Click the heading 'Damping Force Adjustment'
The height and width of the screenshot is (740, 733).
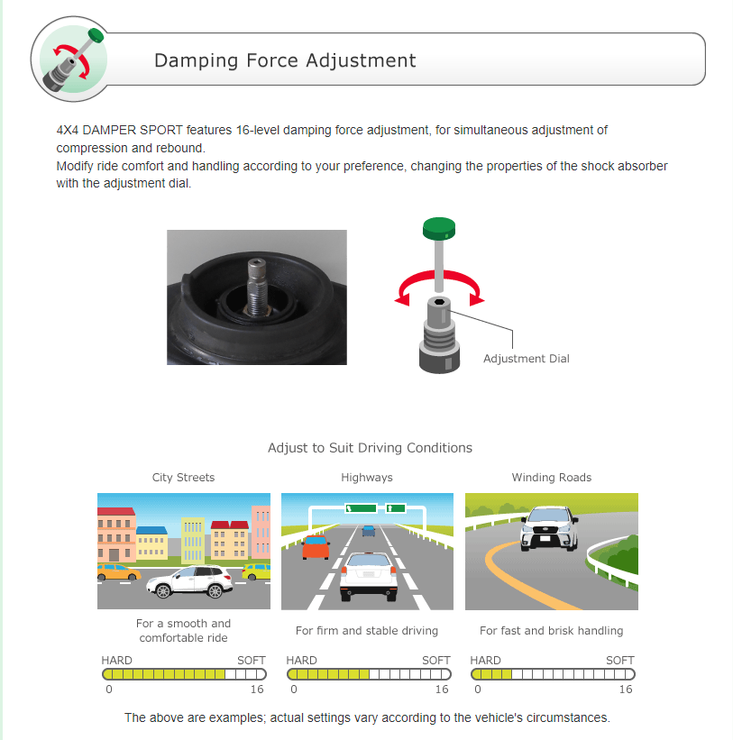(x=285, y=60)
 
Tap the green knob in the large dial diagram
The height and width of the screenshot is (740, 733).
(x=439, y=229)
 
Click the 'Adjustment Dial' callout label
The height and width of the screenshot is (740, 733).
(x=527, y=359)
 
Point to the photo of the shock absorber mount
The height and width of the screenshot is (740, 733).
(x=257, y=297)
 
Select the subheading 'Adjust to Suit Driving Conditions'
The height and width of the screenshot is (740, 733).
(x=370, y=448)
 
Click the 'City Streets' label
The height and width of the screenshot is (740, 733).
(x=183, y=478)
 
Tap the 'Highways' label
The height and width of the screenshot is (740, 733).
(x=367, y=478)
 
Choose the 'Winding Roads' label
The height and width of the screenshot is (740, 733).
(x=551, y=478)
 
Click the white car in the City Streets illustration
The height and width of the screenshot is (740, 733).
(x=189, y=581)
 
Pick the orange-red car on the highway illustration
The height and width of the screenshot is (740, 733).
(x=316, y=547)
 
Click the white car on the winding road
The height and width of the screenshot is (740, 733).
(x=549, y=528)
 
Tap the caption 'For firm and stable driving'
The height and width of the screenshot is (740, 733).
(x=367, y=631)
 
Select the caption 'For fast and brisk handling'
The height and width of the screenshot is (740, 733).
(x=551, y=631)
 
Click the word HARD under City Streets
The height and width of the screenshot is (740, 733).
(x=116, y=661)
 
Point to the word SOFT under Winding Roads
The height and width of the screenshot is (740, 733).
(x=620, y=661)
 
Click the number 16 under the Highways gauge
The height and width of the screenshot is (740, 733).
(x=442, y=690)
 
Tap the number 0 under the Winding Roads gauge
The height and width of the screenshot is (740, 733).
(x=478, y=690)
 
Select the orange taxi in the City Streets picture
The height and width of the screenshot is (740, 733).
(x=119, y=572)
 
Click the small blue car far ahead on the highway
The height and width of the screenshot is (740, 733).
(x=369, y=531)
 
